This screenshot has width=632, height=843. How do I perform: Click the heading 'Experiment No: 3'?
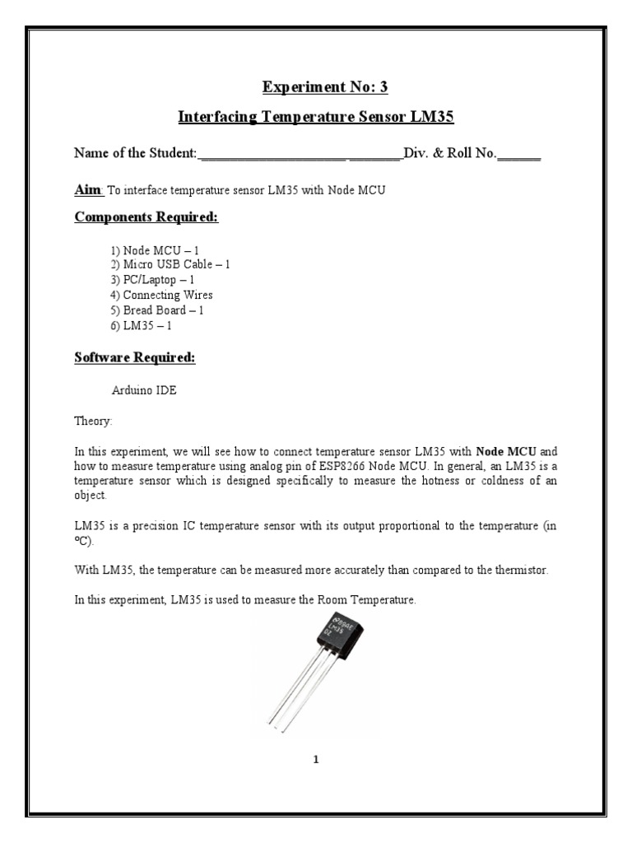tap(316, 87)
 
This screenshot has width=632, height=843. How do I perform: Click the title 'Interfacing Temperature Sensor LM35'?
tap(316, 118)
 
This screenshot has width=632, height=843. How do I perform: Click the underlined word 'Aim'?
tap(86, 190)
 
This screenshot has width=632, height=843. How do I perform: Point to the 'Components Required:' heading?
tap(146, 217)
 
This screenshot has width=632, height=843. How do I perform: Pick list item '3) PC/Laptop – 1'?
tap(152, 280)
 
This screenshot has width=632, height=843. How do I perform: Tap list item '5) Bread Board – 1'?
tap(157, 310)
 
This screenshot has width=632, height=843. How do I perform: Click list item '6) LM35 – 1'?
tap(141, 325)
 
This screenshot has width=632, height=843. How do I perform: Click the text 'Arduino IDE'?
tap(143, 391)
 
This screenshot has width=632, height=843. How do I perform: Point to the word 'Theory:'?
tap(92, 421)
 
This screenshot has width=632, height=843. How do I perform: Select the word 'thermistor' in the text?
tap(539, 571)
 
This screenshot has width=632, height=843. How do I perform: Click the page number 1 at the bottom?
tap(315, 760)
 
